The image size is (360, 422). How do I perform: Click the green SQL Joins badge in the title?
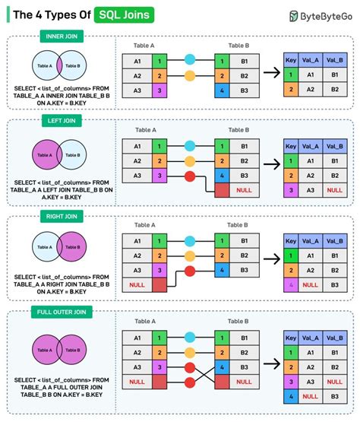(x=122, y=15)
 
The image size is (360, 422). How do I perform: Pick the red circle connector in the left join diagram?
(x=189, y=177)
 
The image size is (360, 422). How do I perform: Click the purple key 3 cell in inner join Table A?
(x=159, y=91)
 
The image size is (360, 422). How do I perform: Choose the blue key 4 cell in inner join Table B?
(x=220, y=91)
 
